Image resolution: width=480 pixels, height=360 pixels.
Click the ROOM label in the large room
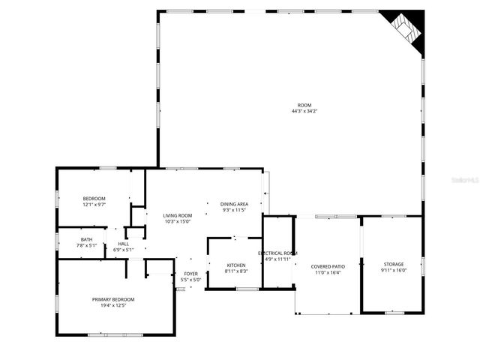[x=304, y=105]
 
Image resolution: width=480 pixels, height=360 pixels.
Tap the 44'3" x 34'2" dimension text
[x=304, y=111]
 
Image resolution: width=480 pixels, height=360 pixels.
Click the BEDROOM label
[x=94, y=198]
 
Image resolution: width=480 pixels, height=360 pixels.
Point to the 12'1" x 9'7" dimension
[x=94, y=204]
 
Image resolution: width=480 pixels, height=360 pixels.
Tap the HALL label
[x=123, y=244]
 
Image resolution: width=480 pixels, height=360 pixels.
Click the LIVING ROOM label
[x=178, y=215]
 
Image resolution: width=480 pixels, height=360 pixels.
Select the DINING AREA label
[x=235, y=204]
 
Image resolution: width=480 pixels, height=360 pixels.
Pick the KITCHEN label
[x=236, y=265]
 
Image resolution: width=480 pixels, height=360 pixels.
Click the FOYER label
[x=191, y=274]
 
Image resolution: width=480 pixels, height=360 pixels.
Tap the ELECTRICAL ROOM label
[x=278, y=253]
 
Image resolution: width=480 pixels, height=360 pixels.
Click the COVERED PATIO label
[x=328, y=266]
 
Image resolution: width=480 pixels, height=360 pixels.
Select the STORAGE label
[x=394, y=264]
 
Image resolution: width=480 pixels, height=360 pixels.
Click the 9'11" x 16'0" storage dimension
[x=394, y=270]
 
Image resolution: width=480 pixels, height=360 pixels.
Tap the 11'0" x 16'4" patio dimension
[x=328, y=272]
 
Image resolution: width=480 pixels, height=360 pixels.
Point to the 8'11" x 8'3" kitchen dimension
[x=236, y=271]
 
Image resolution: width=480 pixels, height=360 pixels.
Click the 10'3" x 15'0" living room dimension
[x=178, y=221]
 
